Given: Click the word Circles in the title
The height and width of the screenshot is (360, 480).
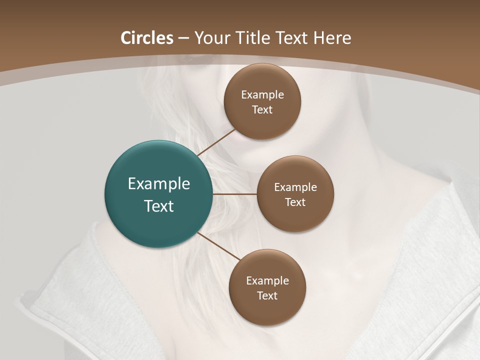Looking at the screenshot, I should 147,38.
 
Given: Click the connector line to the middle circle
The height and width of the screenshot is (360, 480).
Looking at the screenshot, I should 234,194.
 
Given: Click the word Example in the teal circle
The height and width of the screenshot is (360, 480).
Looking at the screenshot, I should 159,184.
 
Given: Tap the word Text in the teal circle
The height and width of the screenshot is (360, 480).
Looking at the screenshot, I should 159,206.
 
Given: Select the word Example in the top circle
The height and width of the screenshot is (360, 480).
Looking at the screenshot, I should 262,95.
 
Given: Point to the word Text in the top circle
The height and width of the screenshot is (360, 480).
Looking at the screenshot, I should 262,110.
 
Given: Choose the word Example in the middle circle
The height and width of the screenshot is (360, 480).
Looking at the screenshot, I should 295,187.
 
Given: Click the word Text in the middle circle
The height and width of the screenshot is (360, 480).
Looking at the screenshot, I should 295,202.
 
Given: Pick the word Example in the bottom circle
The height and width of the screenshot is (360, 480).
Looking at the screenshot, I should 267,281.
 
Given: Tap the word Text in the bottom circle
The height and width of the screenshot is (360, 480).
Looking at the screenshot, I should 267,296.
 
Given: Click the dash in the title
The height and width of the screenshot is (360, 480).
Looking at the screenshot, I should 183,38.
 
